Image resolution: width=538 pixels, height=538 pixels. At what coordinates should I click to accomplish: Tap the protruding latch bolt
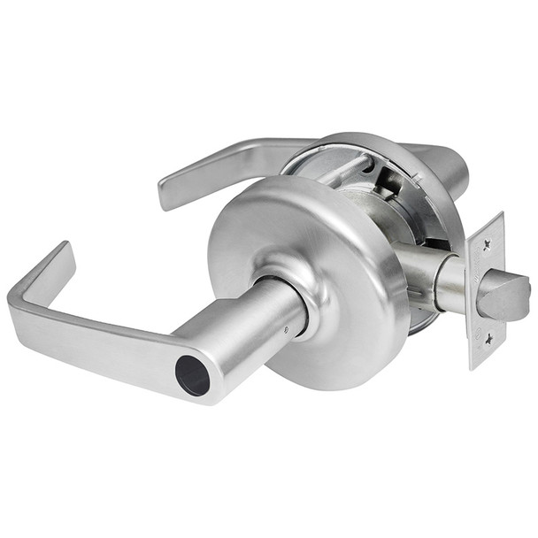point(503,296)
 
